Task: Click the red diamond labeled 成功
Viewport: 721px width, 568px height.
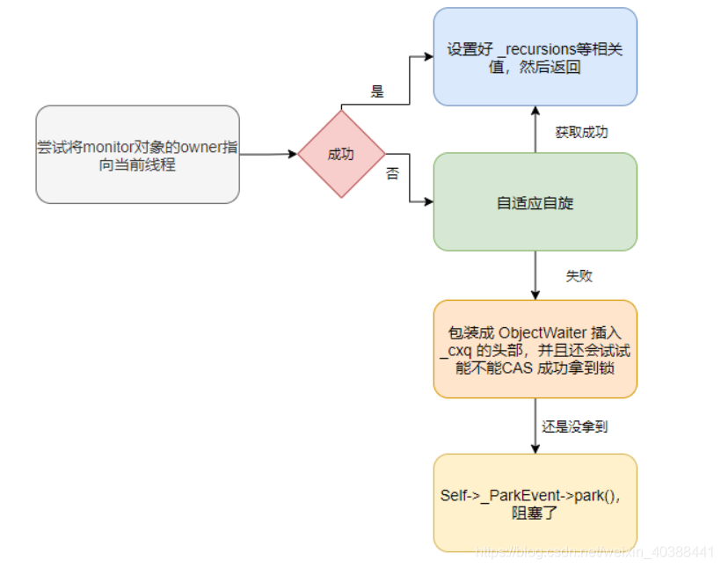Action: coord(340,154)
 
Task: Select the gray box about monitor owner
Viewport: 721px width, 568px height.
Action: coord(137,155)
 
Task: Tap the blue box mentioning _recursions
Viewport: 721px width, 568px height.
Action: coord(535,57)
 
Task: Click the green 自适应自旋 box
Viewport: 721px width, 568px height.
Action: coord(535,202)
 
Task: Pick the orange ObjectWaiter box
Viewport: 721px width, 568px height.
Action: coord(535,349)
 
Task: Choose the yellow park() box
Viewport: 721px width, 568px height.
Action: coord(535,503)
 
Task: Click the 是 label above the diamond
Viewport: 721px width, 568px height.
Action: coord(379,91)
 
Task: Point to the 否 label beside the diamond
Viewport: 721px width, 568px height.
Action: coord(392,174)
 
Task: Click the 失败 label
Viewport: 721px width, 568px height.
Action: coord(578,276)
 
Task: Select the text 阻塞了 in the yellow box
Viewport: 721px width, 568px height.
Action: coord(535,512)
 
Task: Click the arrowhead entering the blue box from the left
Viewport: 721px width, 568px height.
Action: coord(428,57)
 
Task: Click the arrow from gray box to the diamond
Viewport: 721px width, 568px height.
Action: coord(268,155)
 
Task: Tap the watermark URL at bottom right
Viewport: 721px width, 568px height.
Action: coord(594,551)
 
